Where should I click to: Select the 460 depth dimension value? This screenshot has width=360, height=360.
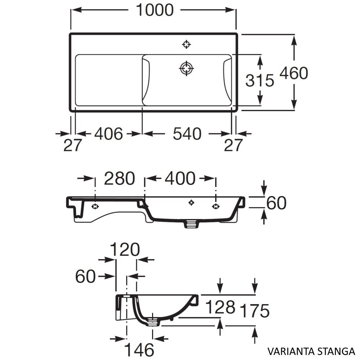(294, 74)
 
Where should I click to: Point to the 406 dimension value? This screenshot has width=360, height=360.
(108, 134)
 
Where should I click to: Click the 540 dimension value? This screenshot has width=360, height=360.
(186, 134)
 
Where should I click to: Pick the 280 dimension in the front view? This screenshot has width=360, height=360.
(119, 178)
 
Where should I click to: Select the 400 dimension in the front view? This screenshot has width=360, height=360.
(180, 178)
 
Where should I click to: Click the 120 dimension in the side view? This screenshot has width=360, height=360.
(124, 249)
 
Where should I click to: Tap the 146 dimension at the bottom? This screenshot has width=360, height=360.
(139, 349)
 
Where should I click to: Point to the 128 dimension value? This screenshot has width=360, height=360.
(220, 307)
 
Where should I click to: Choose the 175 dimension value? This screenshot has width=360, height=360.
(254, 311)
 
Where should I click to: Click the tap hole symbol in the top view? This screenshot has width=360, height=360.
(186, 44)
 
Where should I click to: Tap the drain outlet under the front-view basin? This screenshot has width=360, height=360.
(191, 224)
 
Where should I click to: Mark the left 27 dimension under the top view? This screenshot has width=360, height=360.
(73, 146)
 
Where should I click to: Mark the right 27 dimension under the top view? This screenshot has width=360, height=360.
(233, 146)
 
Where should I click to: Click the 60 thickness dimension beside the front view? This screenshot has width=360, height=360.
(276, 203)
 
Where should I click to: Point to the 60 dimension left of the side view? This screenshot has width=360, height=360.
(85, 276)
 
